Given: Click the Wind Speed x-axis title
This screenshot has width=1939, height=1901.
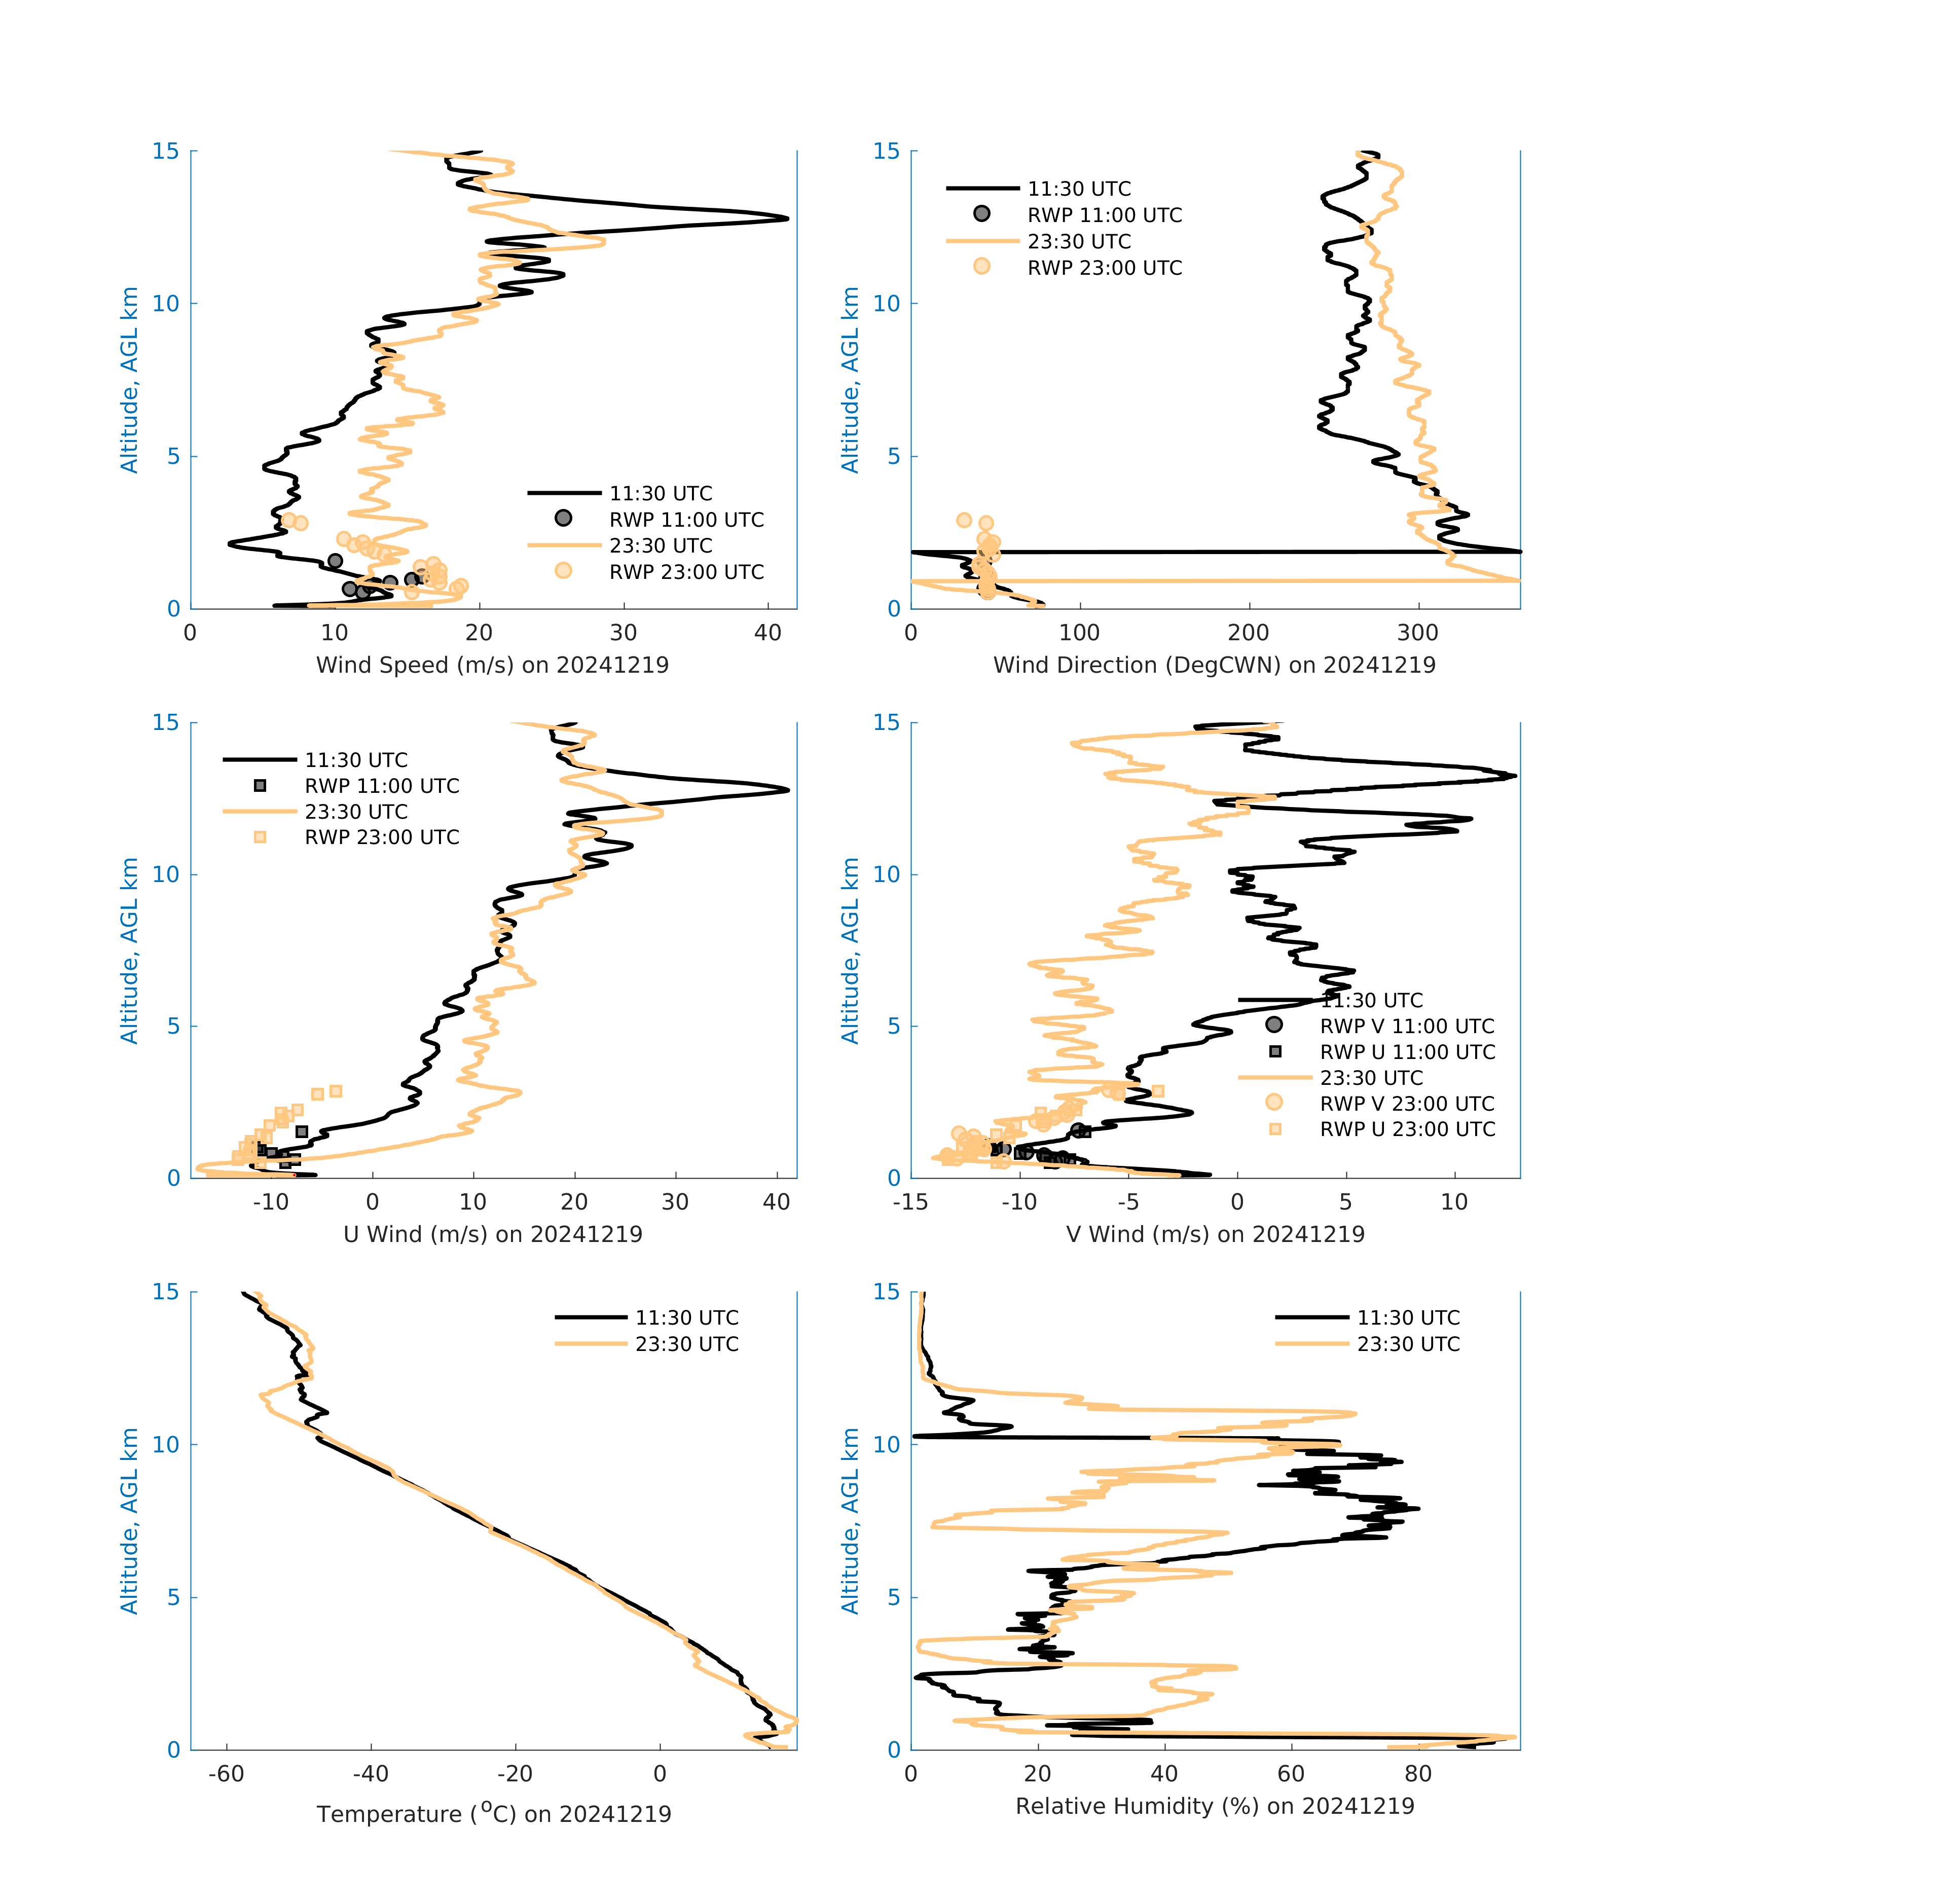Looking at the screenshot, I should tap(492, 665).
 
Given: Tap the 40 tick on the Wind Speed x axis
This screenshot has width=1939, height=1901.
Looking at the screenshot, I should tap(768, 633).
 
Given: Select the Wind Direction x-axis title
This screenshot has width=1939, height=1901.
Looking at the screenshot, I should tap(1214, 665).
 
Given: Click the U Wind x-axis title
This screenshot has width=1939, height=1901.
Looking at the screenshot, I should tap(492, 1234).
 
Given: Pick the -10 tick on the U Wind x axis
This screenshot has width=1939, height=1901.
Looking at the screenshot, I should tap(271, 1202).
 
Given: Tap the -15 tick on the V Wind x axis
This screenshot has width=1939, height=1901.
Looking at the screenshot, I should tap(910, 1202).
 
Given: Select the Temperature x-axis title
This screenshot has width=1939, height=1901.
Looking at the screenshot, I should tap(493, 1813).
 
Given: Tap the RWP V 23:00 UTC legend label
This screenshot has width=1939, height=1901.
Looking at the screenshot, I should tap(1407, 1103).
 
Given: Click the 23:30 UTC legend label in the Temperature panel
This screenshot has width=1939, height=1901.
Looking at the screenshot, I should tap(687, 1344).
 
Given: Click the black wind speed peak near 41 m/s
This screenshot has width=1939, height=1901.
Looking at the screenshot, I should tap(786, 217).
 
